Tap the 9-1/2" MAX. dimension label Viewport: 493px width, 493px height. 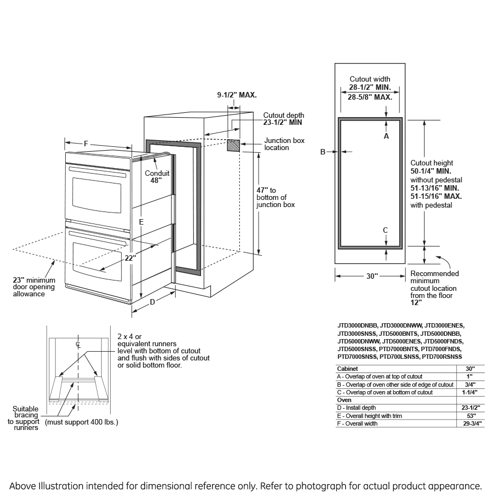click(237, 95)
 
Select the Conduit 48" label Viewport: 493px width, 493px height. click(157, 176)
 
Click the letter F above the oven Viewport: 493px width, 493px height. click(86, 144)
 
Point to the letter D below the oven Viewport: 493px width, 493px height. click(152, 302)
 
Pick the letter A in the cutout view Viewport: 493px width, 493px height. click(386, 135)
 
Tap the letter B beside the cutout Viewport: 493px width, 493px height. click(323, 152)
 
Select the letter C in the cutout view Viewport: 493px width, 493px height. click(386, 230)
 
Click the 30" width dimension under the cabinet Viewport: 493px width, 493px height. click(372, 277)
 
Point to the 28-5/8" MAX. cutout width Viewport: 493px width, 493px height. click(370, 97)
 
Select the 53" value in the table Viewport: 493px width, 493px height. click(471, 416)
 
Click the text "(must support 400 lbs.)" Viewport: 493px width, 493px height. click(81, 422)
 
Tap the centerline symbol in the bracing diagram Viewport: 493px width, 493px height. click(78, 345)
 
